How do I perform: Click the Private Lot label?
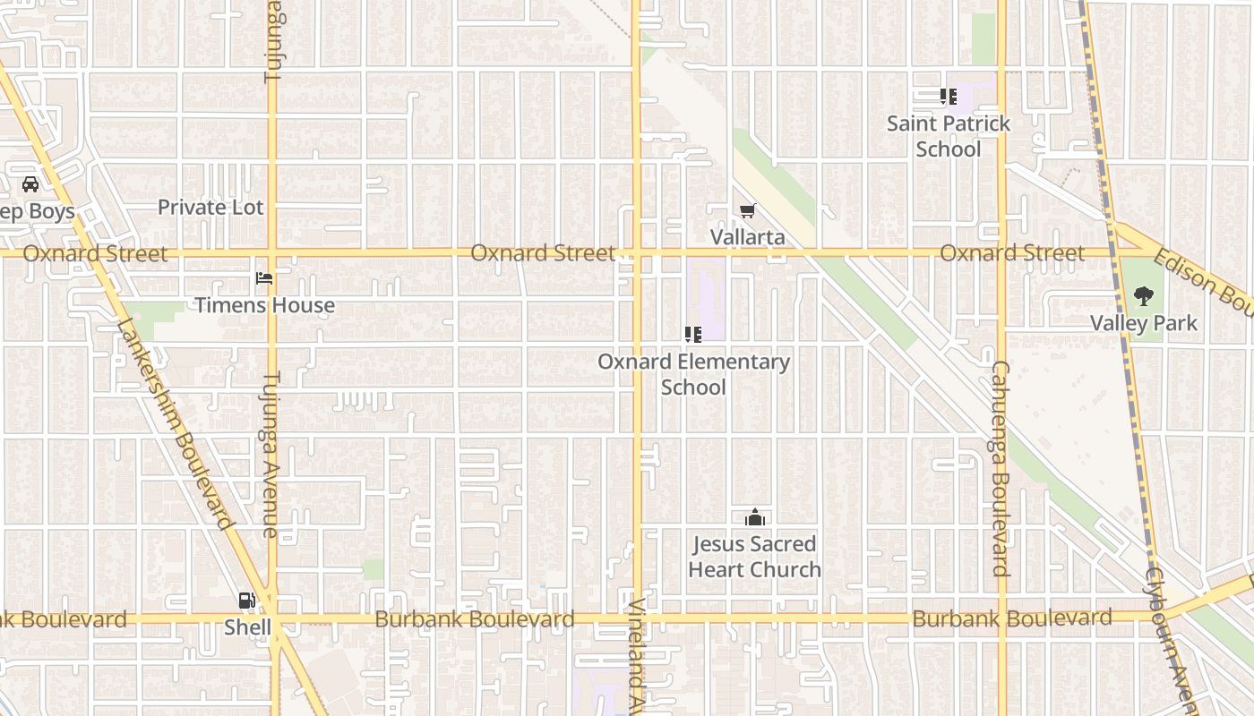210,208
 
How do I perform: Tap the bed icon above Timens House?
264,278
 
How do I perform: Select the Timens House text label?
265,305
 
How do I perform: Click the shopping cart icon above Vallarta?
748,211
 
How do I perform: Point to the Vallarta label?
748,237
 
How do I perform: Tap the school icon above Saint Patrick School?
948,97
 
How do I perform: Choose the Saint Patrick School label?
949,136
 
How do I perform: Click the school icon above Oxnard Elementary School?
692,335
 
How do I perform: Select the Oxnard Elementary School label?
693,374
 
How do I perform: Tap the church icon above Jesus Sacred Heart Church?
754,518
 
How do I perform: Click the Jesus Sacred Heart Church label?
755,557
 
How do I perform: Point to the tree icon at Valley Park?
1144,296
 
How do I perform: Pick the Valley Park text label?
1144,323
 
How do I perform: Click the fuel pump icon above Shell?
246,601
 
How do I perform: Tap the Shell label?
247,627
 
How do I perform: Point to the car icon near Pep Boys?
30,185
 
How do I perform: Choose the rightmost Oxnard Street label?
1012,253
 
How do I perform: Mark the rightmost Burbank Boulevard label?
1012,618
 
